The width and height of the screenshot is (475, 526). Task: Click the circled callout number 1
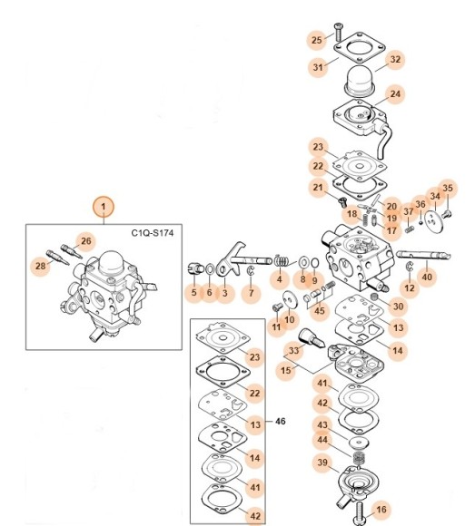pos(104,207)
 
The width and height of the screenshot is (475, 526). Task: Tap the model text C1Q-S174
pos(153,233)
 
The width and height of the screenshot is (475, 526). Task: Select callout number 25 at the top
pos(316,40)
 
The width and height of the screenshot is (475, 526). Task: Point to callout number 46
pos(280,421)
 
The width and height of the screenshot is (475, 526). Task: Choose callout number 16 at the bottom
pos(381,510)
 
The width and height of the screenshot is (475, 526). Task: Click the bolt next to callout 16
pos(360,513)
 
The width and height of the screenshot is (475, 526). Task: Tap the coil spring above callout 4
pos(281,260)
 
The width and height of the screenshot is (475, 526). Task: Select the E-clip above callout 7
pos(251,271)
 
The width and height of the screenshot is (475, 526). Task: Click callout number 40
pos(427,278)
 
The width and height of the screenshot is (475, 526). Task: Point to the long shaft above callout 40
pos(423,255)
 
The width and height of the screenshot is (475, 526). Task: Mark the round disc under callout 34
pos(434,220)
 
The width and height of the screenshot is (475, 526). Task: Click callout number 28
pos(40,266)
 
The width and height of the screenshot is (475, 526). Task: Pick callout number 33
pos(294,350)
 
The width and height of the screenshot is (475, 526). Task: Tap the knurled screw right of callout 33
pos(311,338)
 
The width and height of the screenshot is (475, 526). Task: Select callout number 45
pos(319,311)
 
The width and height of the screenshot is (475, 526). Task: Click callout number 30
pos(398,307)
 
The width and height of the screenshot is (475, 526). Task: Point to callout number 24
pos(395,94)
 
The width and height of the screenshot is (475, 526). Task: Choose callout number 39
pos(322,463)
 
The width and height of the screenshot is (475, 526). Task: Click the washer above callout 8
pos(304,262)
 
